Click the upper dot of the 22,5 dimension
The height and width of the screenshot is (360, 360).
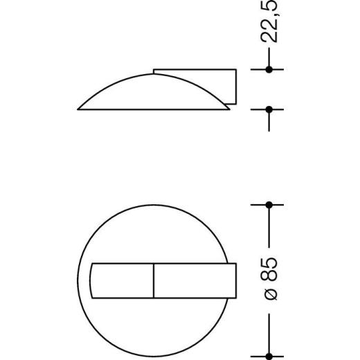[271, 69]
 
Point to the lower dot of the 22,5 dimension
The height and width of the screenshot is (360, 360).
[271, 109]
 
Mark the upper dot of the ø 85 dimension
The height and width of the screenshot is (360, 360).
[271, 204]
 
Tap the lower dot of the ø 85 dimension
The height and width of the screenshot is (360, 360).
[271, 354]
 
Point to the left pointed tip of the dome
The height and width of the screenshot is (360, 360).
[79, 109]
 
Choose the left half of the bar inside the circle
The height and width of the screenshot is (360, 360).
[122, 280]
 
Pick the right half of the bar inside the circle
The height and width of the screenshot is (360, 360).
[192, 280]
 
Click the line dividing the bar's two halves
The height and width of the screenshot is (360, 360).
[154, 280]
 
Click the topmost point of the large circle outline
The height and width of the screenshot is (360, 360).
[154, 205]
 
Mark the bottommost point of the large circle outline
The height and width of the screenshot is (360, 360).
[154, 354]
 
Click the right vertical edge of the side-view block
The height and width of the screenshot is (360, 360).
[237, 87]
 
